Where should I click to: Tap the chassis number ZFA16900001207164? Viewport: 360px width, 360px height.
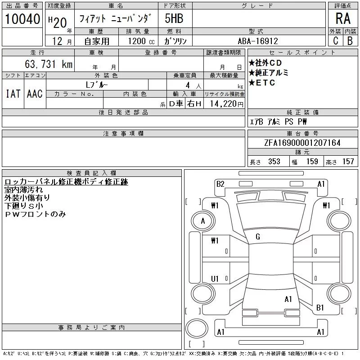click(302, 143)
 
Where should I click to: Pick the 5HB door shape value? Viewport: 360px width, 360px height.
click(174, 19)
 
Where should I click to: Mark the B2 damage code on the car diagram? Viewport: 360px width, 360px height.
click(220, 184)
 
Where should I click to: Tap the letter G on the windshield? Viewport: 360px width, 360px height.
click(257, 237)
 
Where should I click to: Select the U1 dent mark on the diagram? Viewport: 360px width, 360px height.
click(215, 279)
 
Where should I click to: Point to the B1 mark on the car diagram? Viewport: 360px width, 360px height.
click(320, 308)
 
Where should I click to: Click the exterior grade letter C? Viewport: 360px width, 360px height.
click(335, 41)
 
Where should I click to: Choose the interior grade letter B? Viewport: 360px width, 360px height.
click(350, 41)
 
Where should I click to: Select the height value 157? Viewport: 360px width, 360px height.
click(348, 162)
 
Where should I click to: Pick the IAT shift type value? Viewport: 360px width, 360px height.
click(13, 94)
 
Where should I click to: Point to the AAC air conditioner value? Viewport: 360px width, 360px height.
click(35, 94)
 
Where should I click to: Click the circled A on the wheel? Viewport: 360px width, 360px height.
click(203, 221)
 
